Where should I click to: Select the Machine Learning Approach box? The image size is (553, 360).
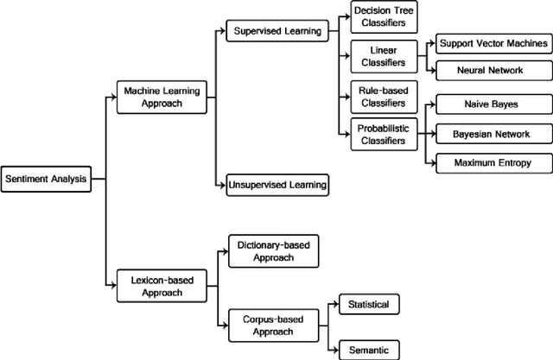tap(162, 98)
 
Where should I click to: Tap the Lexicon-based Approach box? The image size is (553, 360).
tap(162, 284)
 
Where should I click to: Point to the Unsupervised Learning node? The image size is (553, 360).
tap(276, 184)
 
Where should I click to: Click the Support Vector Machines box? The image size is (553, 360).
tap(493, 42)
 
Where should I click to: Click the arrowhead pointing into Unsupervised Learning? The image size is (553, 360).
tap(223, 184)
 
